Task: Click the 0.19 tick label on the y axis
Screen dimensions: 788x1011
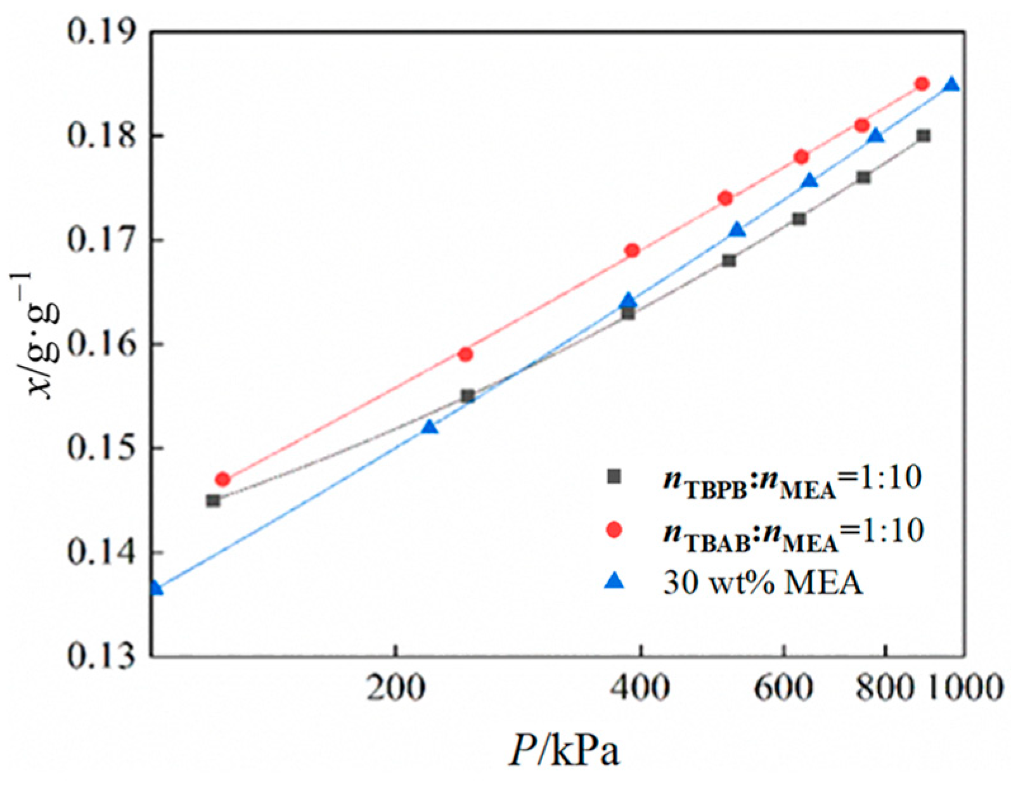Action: pos(101,32)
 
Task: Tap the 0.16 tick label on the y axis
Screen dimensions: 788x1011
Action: pos(101,345)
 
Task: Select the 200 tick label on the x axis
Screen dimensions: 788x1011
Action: pos(396,687)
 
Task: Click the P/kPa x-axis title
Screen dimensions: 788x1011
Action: pos(564,751)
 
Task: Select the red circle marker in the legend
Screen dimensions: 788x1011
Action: pos(614,530)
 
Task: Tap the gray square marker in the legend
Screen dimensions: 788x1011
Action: pos(614,476)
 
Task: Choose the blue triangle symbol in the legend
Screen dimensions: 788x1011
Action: pos(614,582)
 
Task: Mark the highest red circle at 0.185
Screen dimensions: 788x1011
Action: pos(922,84)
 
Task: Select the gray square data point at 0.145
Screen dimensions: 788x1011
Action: pos(213,500)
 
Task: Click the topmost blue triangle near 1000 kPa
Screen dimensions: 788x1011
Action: pos(951,85)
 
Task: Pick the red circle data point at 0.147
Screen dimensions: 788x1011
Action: pos(222,479)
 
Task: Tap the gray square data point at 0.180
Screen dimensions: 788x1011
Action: pos(924,136)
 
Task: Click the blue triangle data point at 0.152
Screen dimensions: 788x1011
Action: pos(430,427)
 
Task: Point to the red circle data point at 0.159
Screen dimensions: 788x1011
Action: pos(466,354)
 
